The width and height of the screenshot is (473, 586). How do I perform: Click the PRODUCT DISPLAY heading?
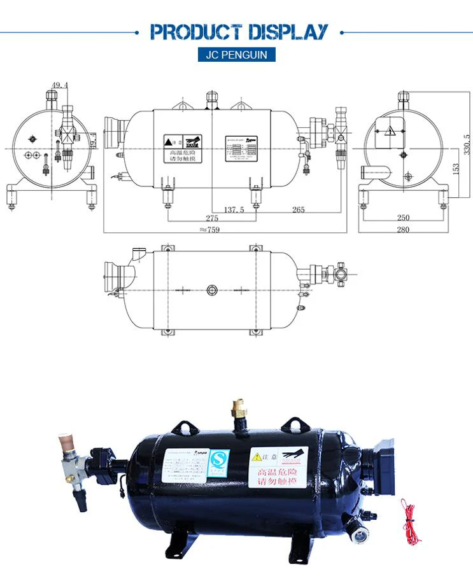238,32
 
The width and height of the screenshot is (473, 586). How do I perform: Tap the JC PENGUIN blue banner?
237,55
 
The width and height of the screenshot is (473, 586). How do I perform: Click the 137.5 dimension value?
234,209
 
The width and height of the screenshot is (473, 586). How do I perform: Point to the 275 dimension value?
211,218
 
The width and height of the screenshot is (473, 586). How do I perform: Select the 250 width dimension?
403,218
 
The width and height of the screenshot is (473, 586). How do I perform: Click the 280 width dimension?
403,230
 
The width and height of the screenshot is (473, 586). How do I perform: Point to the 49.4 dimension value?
60,85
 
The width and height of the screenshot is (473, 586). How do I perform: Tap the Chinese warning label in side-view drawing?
182,149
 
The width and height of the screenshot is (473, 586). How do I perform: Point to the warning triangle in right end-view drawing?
390,131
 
